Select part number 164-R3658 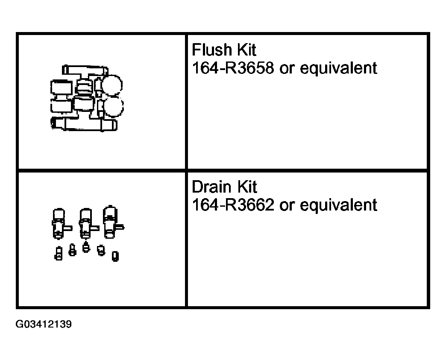click(233, 68)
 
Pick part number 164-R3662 click(233, 205)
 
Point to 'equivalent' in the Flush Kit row click(338, 68)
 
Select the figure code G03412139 click(44, 324)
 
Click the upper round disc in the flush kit click(112, 85)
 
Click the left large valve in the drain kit click(60, 223)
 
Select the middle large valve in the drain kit click(87, 223)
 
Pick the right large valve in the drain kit click(111, 222)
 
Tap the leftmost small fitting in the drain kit click(59, 253)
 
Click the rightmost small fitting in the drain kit click(115, 256)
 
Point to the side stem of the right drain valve click(120, 227)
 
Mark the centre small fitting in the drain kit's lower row click(86, 247)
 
